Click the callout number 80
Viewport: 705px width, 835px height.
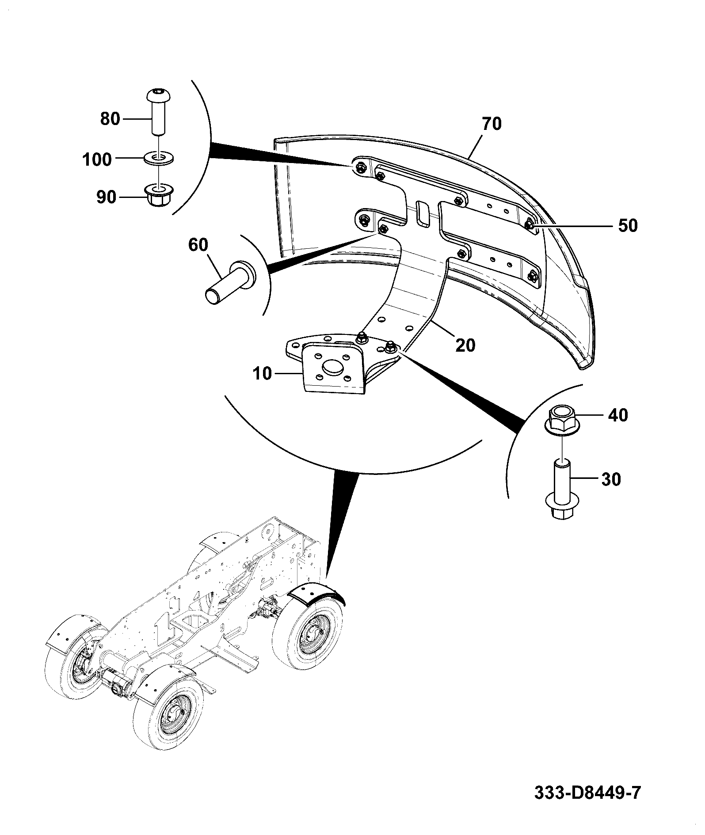pyautogui.click(x=110, y=119)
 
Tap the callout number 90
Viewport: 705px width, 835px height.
pyautogui.click(x=106, y=197)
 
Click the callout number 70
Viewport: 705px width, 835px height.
pyautogui.click(x=492, y=124)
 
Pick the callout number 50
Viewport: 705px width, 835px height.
pyautogui.click(x=628, y=226)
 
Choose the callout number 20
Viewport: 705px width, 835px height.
pyautogui.click(x=465, y=345)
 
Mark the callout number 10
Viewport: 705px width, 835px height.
pyautogui.click(x=263, y=374)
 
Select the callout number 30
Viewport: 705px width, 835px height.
pyautogui.click(x=611, y=479)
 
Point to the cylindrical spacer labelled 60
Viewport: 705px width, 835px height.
pyautogui.click(x=230, y=283)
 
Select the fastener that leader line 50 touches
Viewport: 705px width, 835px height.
pyautogui.click(x=530, y=225)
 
